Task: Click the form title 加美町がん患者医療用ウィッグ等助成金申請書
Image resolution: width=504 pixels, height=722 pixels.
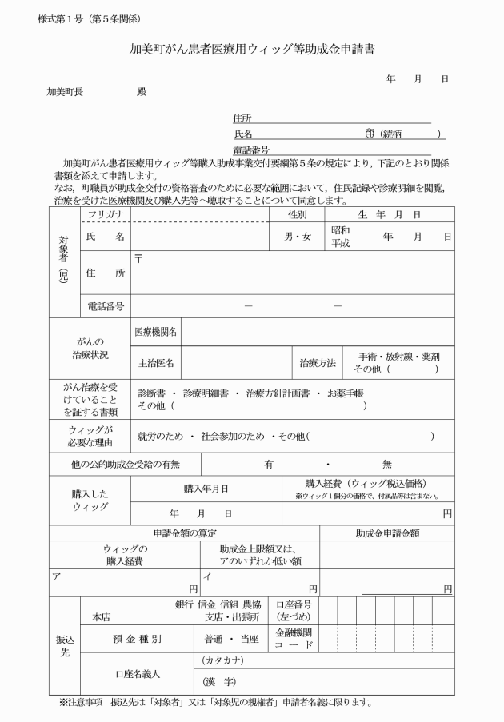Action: click(x=252, y=50)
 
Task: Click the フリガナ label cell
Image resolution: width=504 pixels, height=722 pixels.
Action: click(x=105, y=215)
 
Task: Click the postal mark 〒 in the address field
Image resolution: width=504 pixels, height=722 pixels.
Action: click(x=138, y=258)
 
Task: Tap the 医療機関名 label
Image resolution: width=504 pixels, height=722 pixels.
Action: click(x=158, y=331)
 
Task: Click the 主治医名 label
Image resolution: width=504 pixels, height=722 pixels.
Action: click(x=157, y=362)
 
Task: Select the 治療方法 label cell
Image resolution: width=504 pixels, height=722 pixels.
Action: click(x=318, y=362)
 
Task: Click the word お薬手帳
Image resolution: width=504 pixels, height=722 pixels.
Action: click(x=346, y=393)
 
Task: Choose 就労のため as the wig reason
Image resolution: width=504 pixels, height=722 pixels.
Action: click(x=159, y=436)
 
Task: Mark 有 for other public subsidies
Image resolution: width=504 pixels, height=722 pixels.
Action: click(x=269, y=464)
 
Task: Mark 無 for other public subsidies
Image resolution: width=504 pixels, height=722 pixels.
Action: click(x=386, y=464)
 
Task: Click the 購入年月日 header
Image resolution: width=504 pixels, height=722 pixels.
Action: click(x=206, y=489)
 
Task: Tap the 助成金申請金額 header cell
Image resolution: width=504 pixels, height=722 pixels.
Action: click(x=388, y=533)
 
